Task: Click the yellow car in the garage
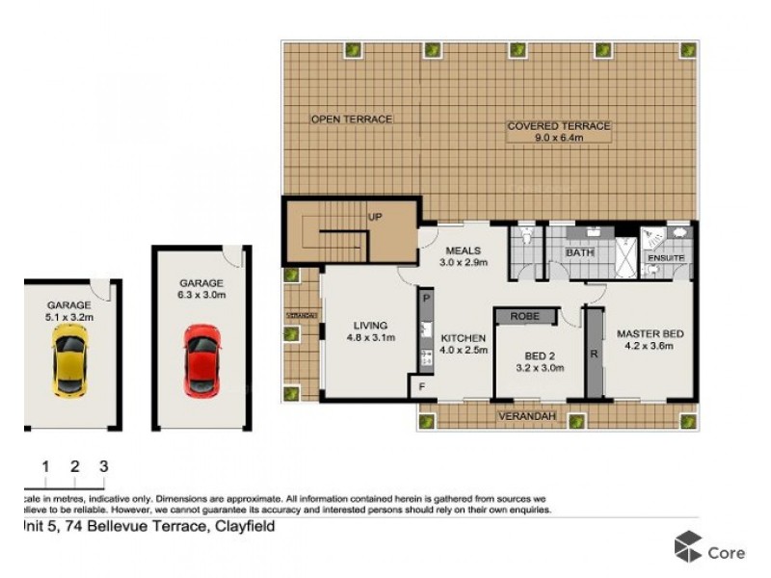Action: tap(69, 360)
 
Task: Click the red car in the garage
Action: tap(201, 357)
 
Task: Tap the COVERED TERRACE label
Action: tap(559, 126)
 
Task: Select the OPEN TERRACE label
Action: tap(351, 119)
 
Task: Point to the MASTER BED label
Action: tap(651, 334)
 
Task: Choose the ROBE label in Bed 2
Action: tap(524, 315)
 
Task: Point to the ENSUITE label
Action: tap(666, 258)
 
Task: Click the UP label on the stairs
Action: tap(375, 217)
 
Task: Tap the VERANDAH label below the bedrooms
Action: tap(525, 417)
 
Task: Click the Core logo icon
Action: tap(687, 546)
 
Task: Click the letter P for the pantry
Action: tap(424, 300)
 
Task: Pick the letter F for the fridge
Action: tap(420, 388)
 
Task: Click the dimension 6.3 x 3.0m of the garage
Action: tap(200, 296)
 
